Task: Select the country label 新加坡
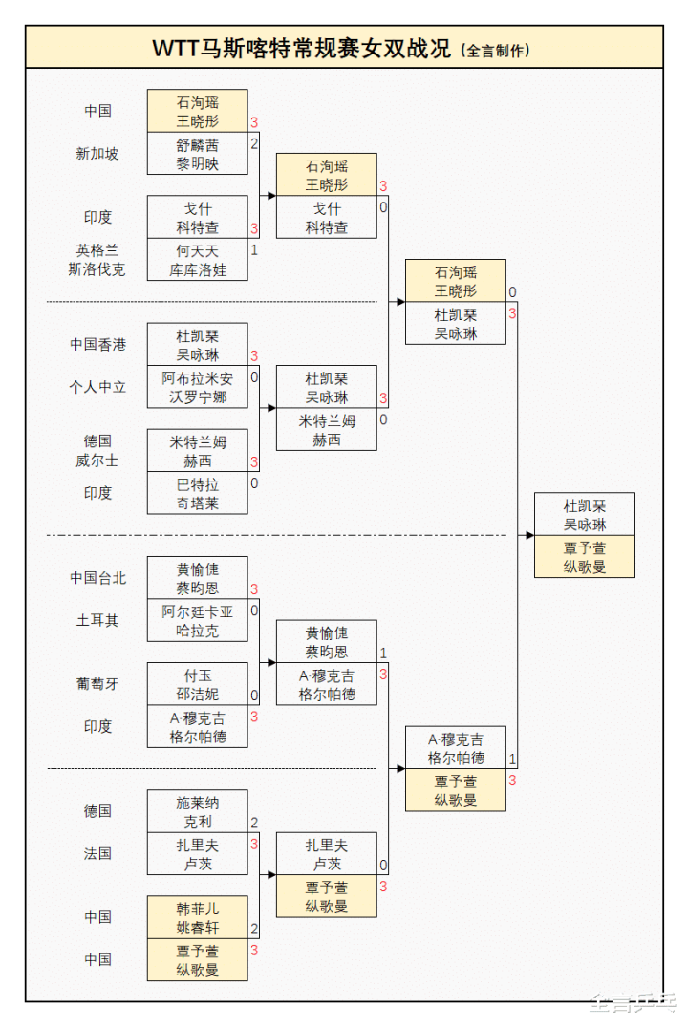97,153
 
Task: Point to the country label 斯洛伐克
97,269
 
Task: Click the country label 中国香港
97,344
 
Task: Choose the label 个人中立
97,387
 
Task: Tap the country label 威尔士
97,460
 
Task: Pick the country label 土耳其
97,620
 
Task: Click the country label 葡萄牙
97,683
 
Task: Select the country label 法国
97,853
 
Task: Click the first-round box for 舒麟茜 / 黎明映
198,154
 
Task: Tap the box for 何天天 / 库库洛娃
198,260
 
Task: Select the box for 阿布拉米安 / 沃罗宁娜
198,387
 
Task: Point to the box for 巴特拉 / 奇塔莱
198,493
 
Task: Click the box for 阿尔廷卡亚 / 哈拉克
198,621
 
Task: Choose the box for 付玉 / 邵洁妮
198,684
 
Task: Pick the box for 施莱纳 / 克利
198,811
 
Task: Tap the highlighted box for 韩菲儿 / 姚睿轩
198,917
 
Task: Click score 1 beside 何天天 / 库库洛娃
254,250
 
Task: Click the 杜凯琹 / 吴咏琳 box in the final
585,515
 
